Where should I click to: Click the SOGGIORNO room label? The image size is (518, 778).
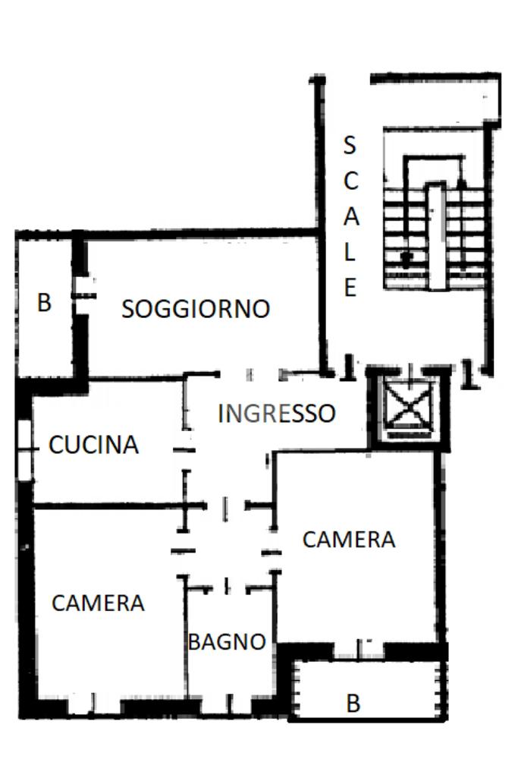coord(196,309)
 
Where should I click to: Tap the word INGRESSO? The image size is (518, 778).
coord(276,413)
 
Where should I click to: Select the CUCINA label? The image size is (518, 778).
coord(94,445)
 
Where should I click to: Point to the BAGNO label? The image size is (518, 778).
coord(227,641)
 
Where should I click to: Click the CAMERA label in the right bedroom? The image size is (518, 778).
coord(349,540)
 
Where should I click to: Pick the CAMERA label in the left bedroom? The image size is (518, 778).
coord(98,603)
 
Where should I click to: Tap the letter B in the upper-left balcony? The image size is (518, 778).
coord(45,303)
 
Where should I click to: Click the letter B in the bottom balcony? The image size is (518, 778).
coord(353,704)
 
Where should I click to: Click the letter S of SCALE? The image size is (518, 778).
coord(350,143)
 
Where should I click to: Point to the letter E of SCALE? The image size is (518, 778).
coord(350,288)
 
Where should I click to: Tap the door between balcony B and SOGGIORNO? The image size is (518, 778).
coord(83,288)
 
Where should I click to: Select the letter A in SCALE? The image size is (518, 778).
coord(350,216)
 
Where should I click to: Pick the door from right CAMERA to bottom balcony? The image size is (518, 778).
coord(359,649)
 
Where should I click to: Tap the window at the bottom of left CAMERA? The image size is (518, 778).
coord(94,705)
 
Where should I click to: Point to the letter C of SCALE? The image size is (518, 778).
coord(350,181)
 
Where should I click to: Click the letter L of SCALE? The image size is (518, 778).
coord(350,252)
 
